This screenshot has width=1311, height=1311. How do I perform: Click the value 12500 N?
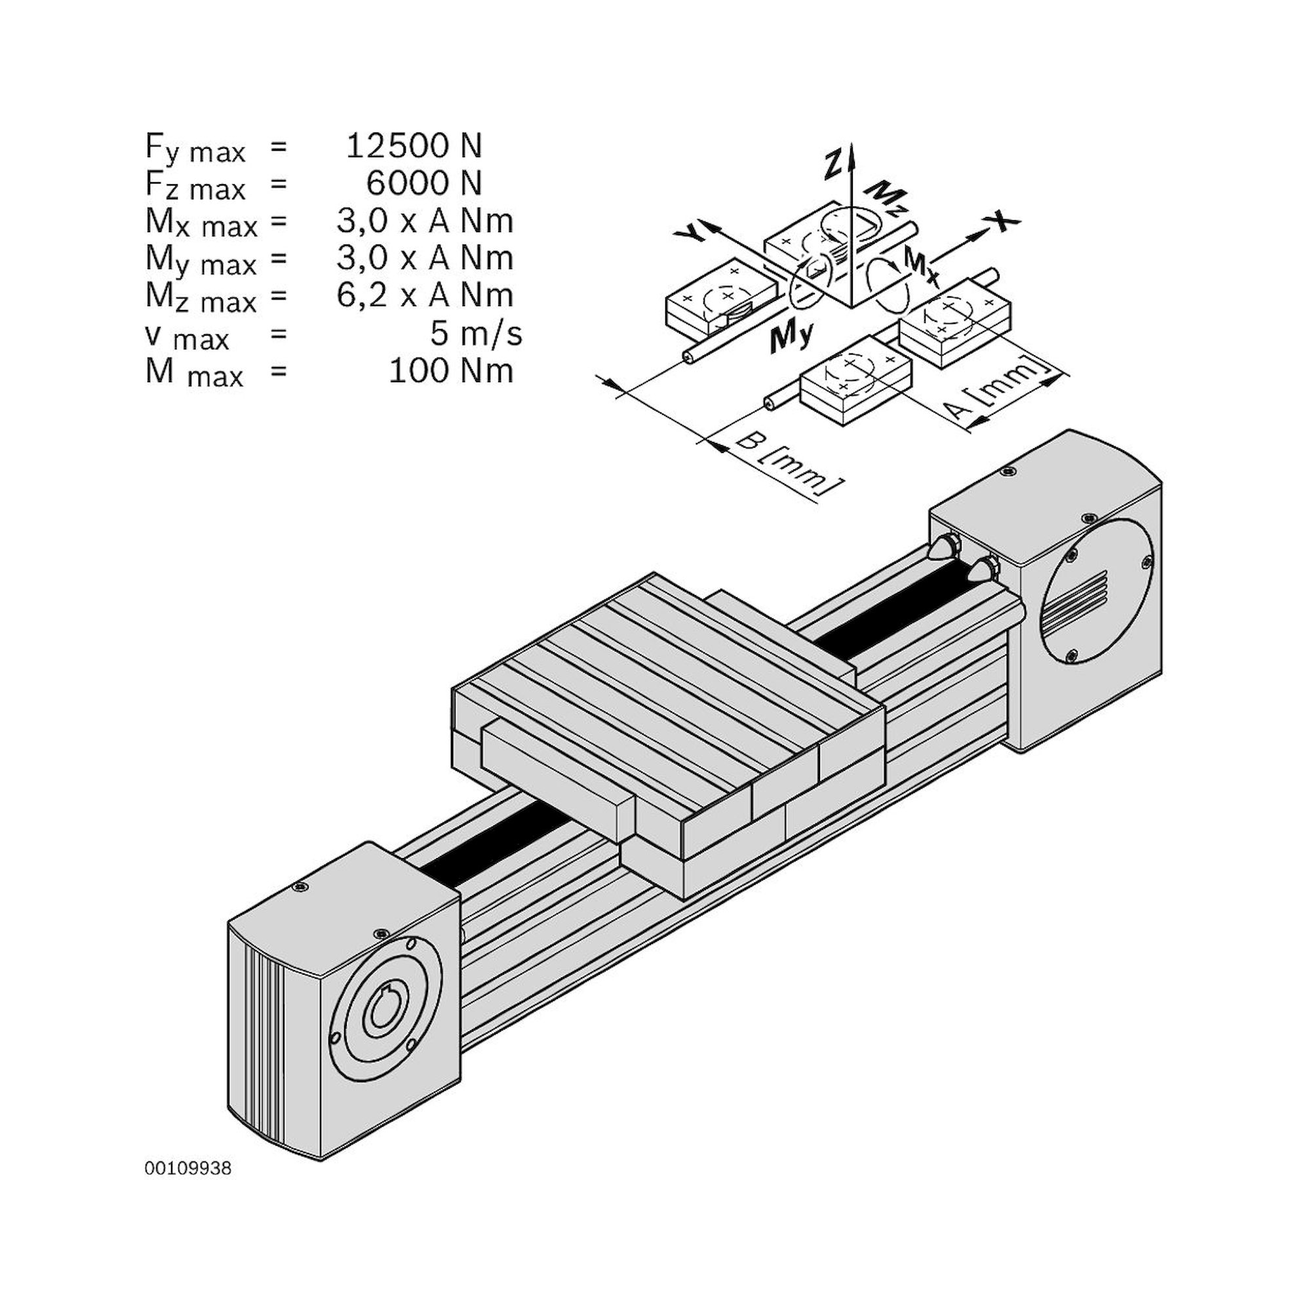(413, 146)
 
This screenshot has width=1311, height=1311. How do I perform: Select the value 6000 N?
(423, 184)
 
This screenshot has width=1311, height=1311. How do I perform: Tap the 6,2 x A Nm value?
(425, 295)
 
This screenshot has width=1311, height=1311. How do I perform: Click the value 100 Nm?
(450, 370)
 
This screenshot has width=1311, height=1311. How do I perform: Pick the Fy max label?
(195, 148)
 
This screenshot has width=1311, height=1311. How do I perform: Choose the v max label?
(187, 336)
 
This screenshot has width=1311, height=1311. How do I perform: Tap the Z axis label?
(832, 165)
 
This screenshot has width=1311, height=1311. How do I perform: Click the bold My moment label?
(791, 337)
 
